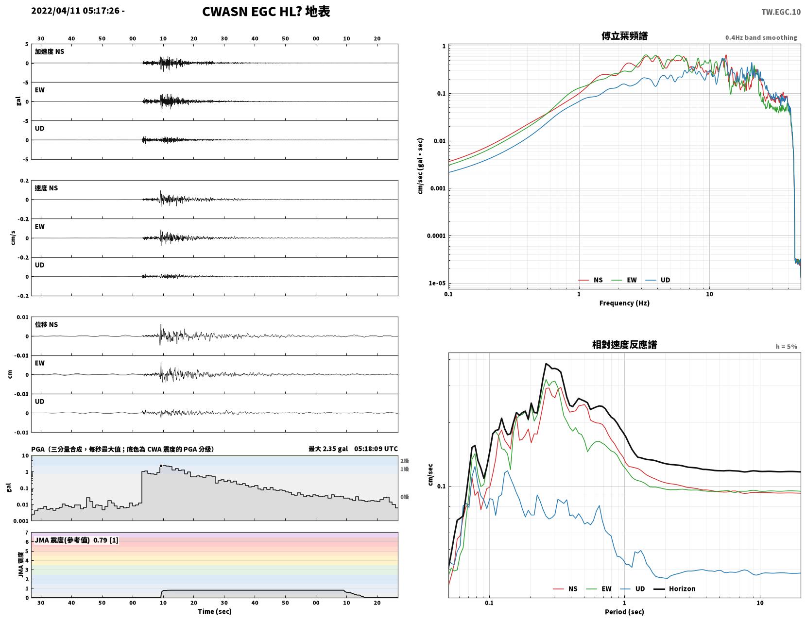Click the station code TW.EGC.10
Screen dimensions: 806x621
781,12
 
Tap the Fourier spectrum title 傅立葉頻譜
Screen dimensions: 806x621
624,36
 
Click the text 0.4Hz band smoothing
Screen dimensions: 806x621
761,37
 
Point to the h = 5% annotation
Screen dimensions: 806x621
786,347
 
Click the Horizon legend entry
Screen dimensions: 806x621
674,588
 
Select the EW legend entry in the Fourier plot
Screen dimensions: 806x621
624,280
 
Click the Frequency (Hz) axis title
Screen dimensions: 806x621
624,303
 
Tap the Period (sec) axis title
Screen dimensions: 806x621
624,612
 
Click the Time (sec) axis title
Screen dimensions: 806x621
214,611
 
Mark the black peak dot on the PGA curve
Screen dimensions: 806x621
161,466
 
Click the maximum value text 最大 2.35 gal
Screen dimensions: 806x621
328,449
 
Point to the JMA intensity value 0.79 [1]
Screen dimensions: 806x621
106,540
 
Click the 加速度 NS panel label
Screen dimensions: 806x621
50,51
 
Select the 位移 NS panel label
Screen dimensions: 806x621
46,324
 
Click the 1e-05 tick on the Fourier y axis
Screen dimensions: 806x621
437,283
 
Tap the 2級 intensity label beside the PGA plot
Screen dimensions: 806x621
404,461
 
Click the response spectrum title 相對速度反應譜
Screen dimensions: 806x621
624,345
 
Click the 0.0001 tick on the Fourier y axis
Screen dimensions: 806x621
436,235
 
